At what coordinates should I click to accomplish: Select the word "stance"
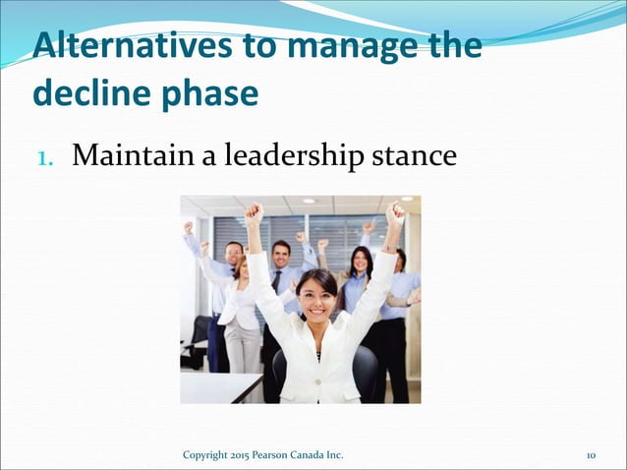click(417, 155)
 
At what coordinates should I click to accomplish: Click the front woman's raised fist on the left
click(255, 213)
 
